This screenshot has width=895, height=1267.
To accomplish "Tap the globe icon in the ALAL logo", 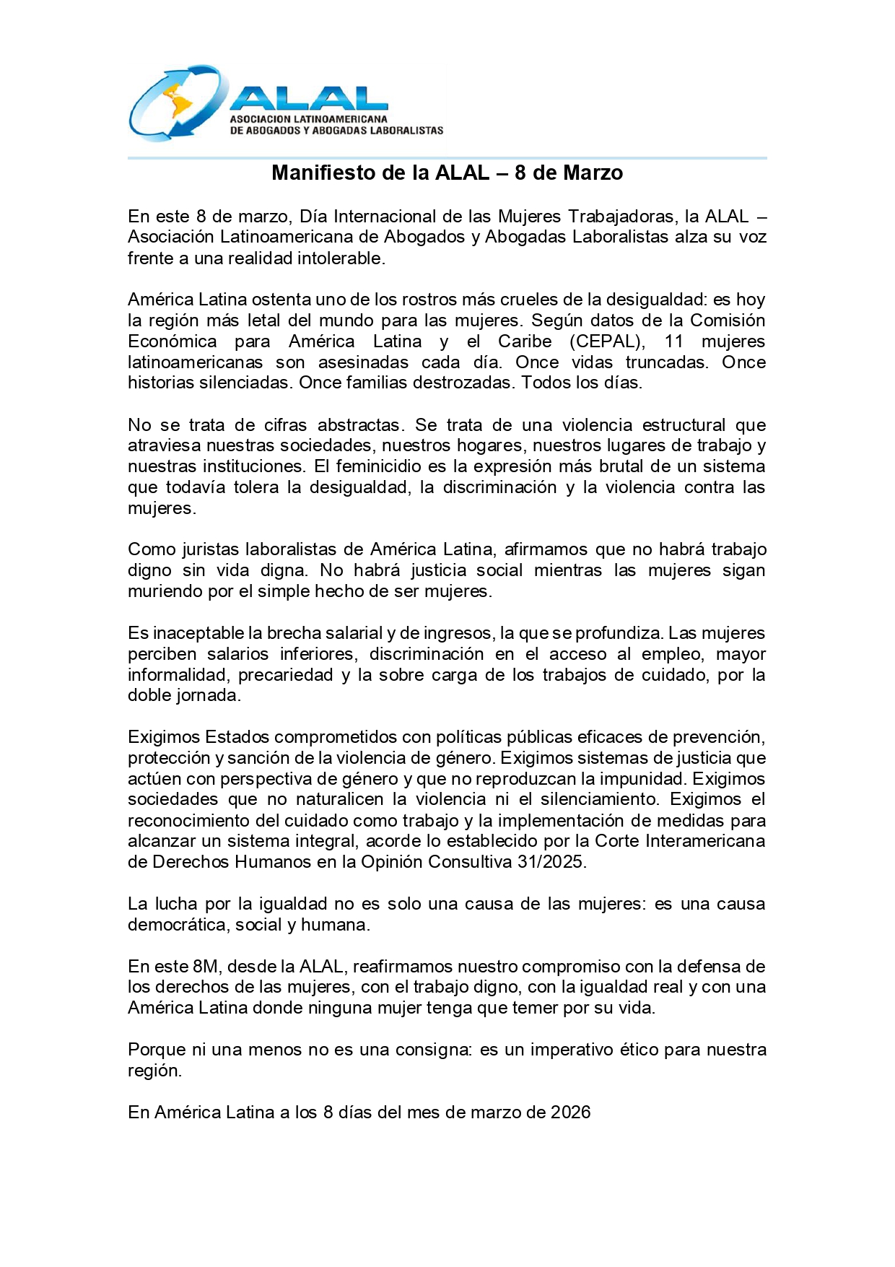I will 177,103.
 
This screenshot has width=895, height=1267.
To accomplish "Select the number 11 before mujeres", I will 673,341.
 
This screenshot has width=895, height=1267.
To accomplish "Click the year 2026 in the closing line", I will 570,1113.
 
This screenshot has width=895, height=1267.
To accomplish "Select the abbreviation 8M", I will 206,967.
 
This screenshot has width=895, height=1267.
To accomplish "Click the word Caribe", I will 525,341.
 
